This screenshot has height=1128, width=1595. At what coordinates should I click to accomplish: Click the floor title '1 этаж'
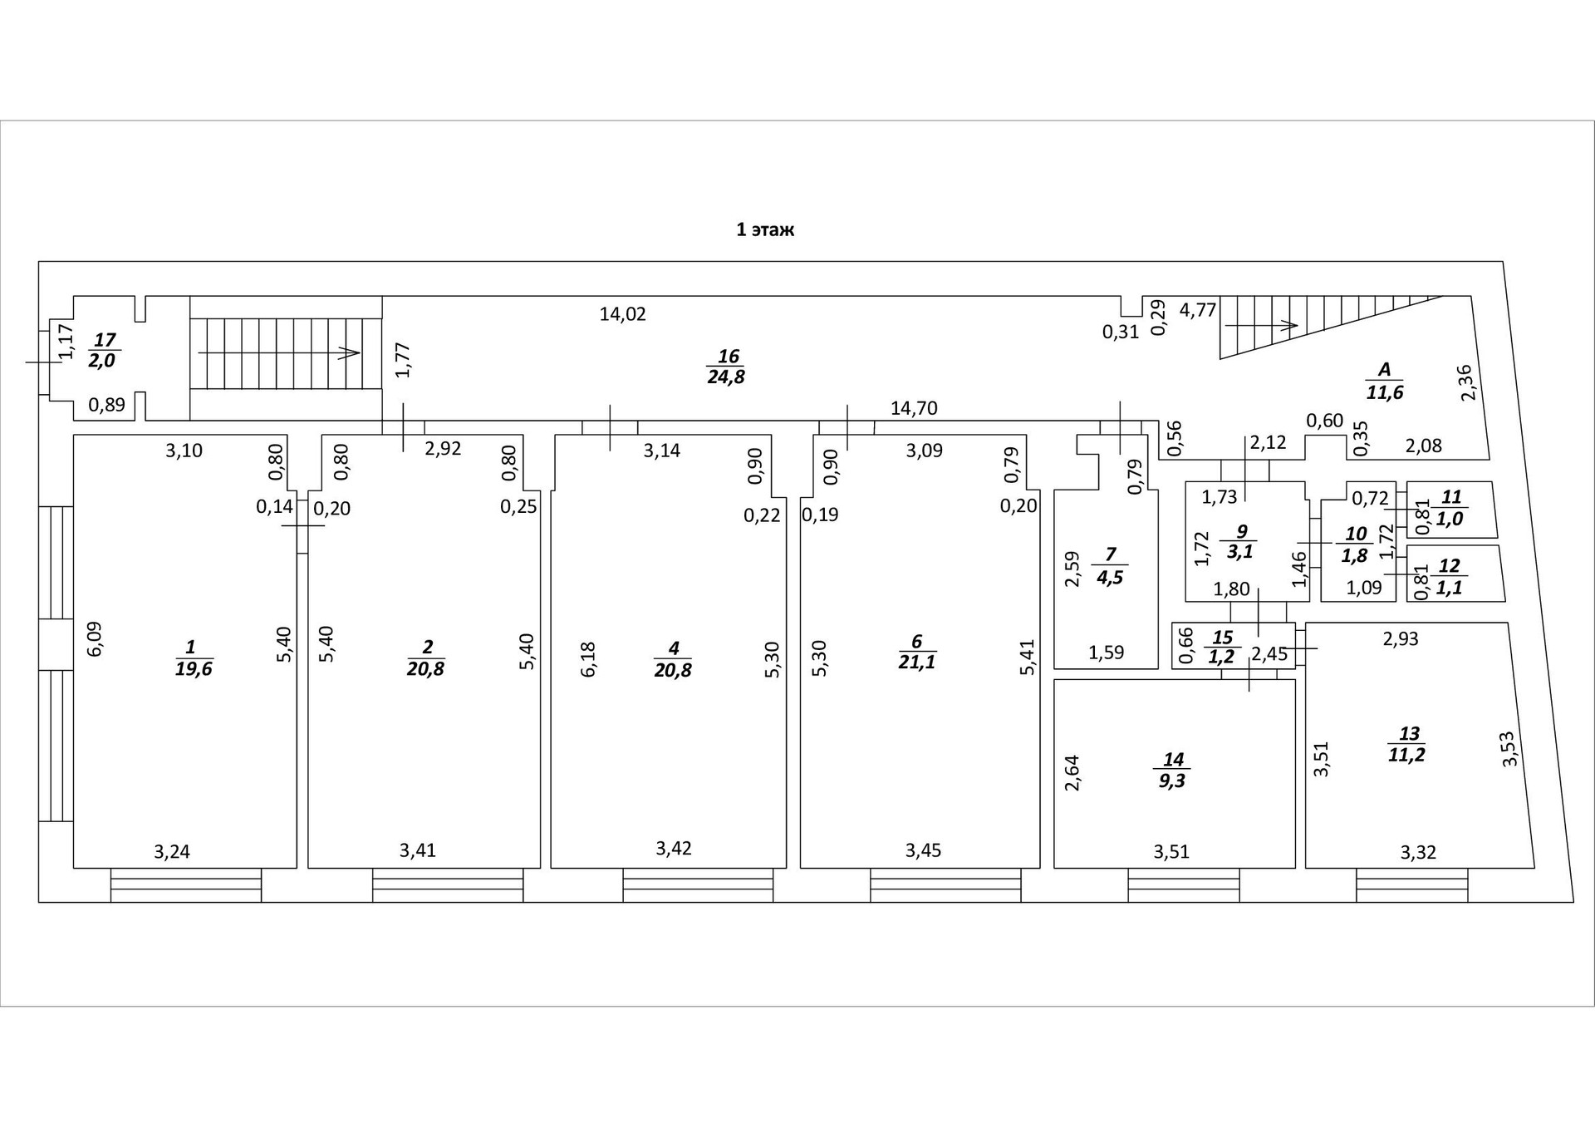pos(765,229)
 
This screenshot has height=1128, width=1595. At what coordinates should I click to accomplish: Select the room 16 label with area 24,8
pos(727,367)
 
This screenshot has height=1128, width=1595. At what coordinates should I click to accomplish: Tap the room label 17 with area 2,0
pos(104,351)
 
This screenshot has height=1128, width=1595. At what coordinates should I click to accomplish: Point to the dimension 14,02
pos(622,314)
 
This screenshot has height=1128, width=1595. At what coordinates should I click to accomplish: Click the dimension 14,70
pos(914,408)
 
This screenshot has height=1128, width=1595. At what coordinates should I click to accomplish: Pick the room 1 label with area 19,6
pos(193,658)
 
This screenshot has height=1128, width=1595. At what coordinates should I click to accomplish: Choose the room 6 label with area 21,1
pos(916,652)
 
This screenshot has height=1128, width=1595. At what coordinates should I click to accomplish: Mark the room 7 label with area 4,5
pos(1110,566)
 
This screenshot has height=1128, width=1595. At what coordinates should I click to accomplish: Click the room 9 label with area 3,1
pos(1240,542)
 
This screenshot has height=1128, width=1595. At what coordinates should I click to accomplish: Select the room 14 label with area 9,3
pos(1172,771)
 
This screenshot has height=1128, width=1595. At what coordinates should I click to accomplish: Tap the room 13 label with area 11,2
pos(1407,744)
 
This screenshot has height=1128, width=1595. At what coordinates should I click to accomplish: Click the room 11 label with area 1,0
pos(1450,508)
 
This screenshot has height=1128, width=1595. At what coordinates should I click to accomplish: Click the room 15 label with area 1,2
pos(1222,648)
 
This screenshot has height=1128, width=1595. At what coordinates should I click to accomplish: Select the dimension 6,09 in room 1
pos(96,638)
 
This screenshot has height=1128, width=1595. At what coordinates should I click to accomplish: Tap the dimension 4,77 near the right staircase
pos(1198,311)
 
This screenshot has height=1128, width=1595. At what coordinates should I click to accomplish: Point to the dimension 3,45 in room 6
pos(923,850)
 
